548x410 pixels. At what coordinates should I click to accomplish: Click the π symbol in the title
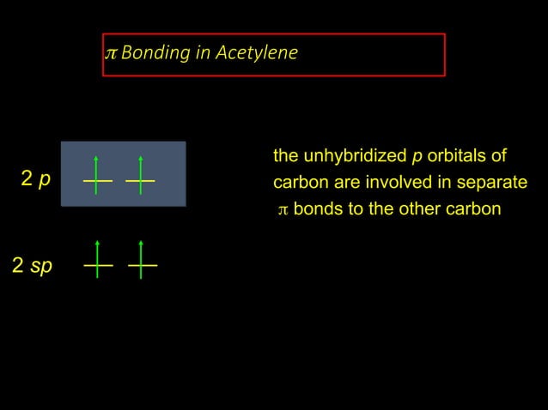[110, 53]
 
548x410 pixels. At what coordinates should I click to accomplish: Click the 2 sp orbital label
[32, 265]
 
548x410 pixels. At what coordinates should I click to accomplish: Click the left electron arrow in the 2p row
[97, 174]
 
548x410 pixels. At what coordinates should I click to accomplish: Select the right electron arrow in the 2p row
[140, 174]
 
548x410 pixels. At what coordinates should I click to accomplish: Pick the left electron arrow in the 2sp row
[98, 259]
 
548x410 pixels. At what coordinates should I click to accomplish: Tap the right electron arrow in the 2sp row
[142, 259]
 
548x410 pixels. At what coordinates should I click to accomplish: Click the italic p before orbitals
[417, 157]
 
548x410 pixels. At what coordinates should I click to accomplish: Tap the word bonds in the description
[317, 208]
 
